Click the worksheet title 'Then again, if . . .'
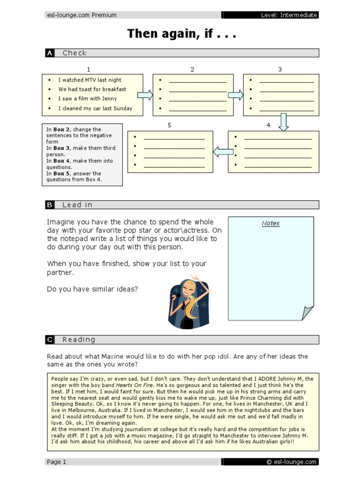coord(182,34)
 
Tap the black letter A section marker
coord(50,53)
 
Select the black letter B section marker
coord(50,205)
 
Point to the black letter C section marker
coord(50,340)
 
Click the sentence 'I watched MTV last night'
coord(90,80)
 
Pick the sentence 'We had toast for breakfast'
coord(92,89)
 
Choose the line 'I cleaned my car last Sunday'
coord(95,108)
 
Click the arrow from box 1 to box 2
coord(145,95)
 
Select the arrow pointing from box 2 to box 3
coord(236,95)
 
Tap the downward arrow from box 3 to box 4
coord(283,122)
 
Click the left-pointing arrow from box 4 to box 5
coord(223,152)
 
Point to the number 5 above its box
coord(169,126)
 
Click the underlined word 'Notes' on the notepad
coord(271,224)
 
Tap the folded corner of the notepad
coord(308,312)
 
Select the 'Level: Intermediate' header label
coord(289,15)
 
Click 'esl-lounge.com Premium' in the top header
coord(81,15)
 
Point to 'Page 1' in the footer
coord(56,462)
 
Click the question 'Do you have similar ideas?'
coord(92,288)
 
